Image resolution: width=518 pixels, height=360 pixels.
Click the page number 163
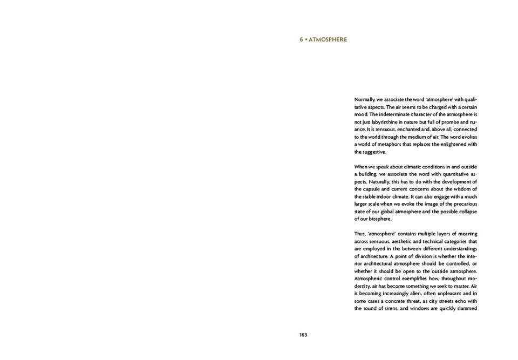pos(303,335)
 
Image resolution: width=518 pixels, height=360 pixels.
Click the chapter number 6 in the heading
pos(302,39)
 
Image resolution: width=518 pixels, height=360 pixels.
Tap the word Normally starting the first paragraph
pos(365,100)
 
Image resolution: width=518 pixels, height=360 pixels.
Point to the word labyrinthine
pos(388,123)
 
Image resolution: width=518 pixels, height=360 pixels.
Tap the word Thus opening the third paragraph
pos(361,234)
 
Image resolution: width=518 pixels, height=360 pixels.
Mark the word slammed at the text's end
pos(465,309)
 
